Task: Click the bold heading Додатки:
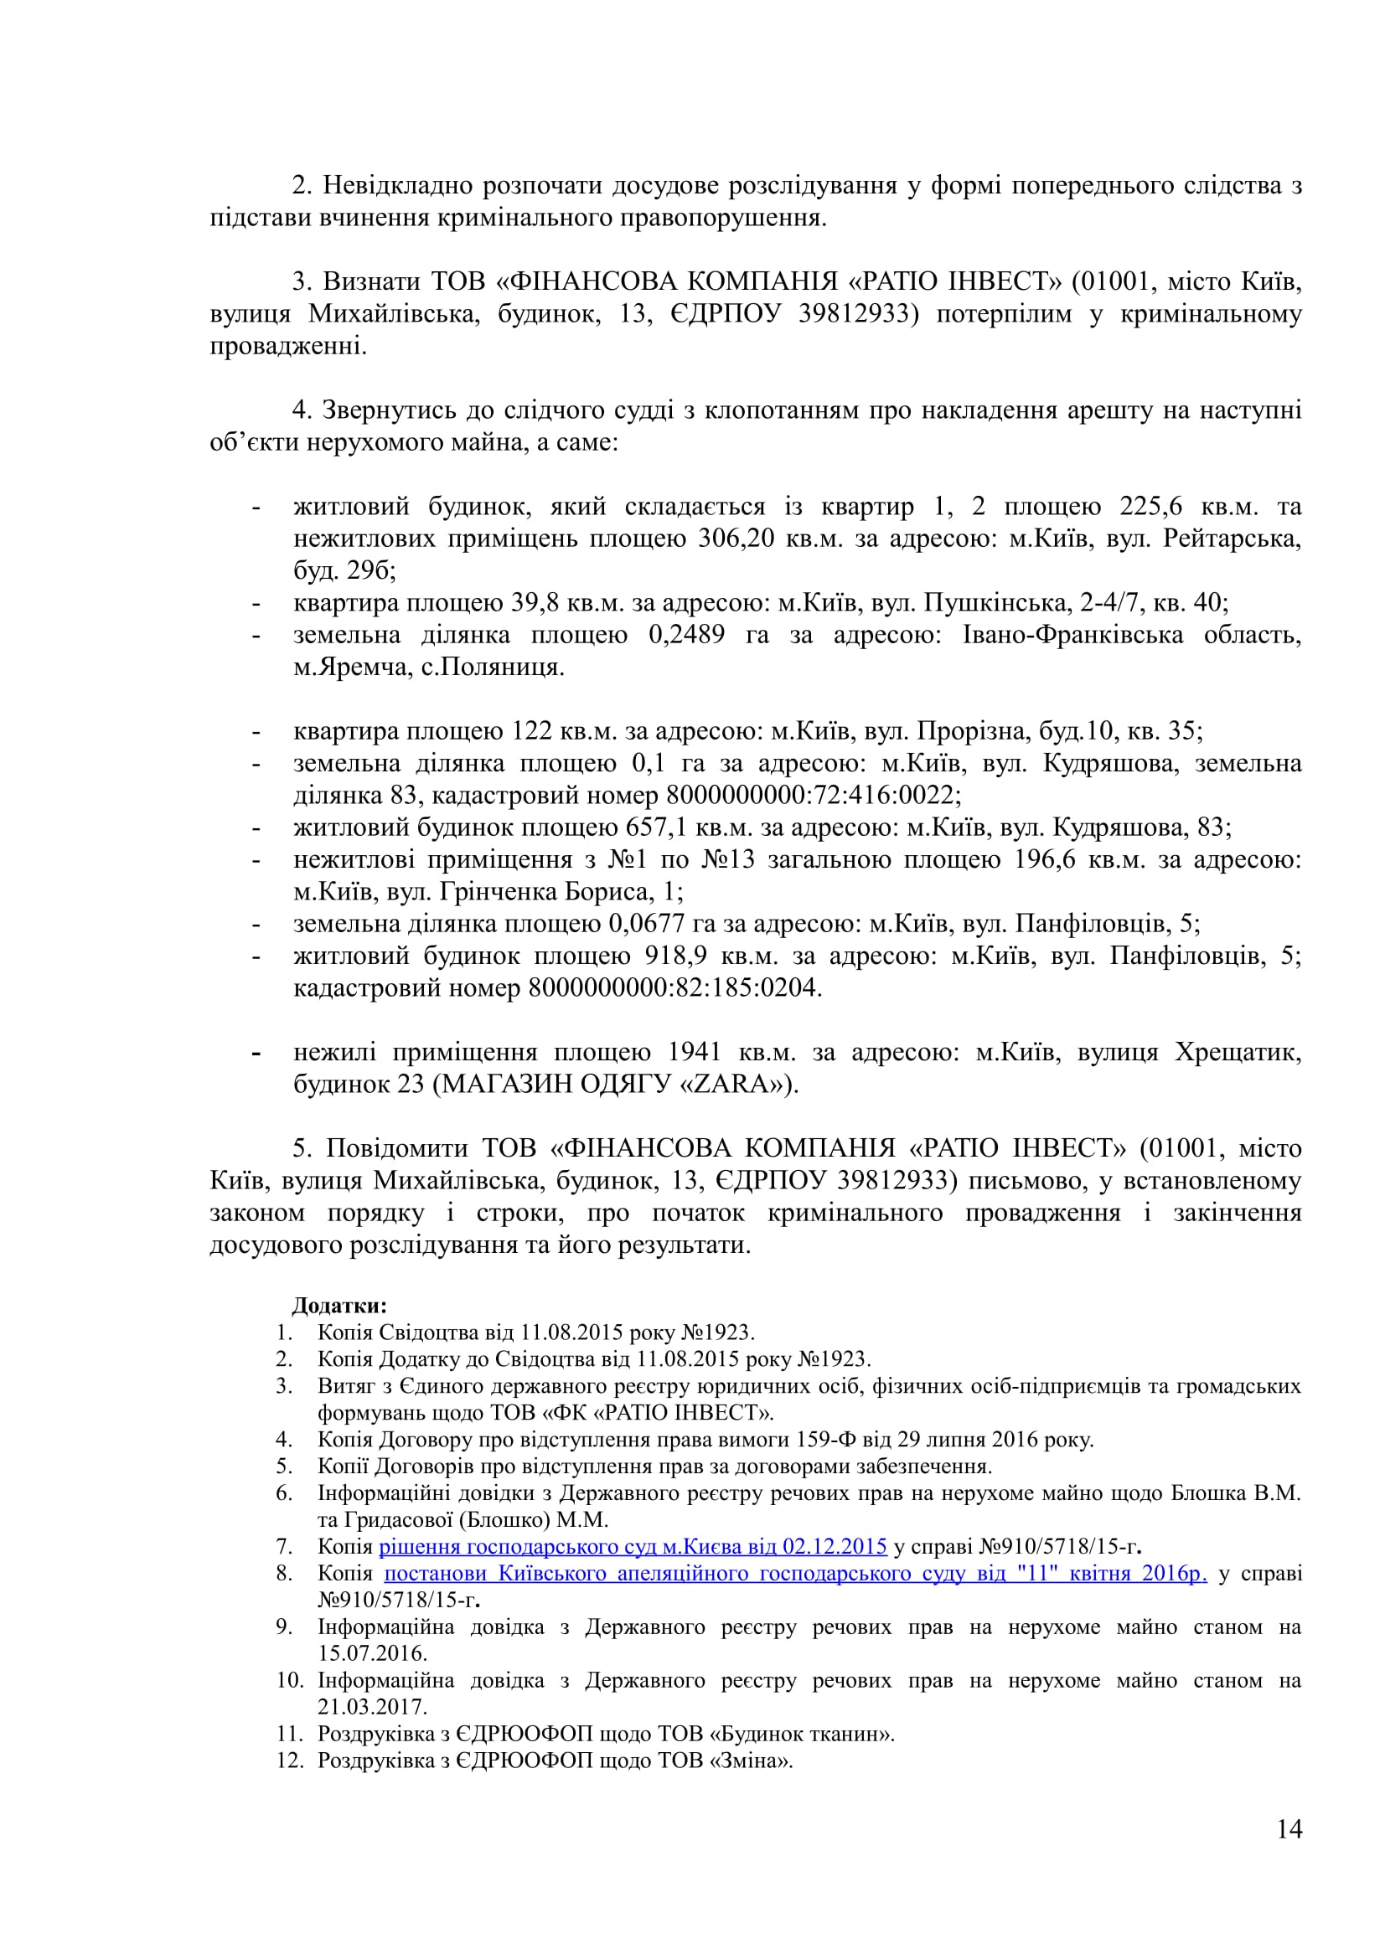pyautogui.click(x=339, y=1306)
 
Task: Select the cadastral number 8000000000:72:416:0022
pyautogui.click(x=813, y=795)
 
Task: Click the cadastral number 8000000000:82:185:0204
pyautogui.click(x=674, y=988)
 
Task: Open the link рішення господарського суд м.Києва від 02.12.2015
pyautogui.click(x=633, y=1546)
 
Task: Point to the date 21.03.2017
pyautogui.click(x=372, y=1706)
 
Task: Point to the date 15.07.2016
pyautogui.click(x=372, y=1652)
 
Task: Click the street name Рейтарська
pyautogui.click(x=1232, y=539)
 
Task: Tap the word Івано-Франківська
pyautogui.click(x=1072, y=634)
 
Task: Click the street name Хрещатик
pyautogui.click(x=1238, y=1051)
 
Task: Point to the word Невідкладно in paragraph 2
pyautogui.click(x=398, y=185)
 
